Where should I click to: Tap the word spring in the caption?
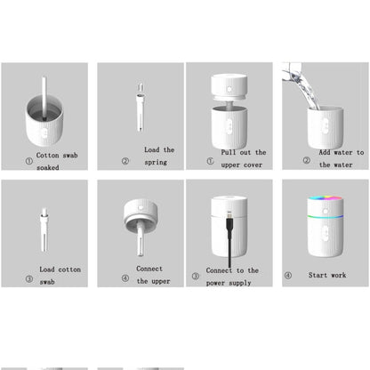point(157,163)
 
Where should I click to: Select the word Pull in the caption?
point(230,152)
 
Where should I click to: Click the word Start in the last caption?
point(318,276)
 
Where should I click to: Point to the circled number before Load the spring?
point(125,162)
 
